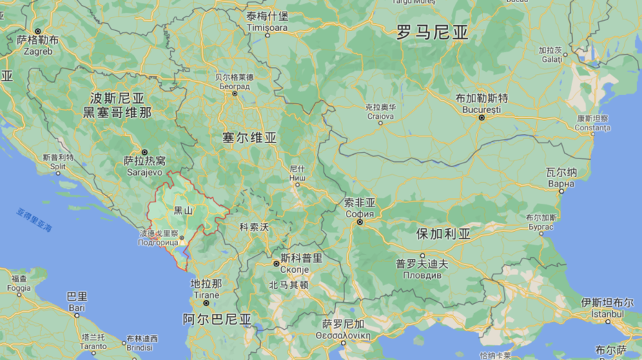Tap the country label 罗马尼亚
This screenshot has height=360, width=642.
pyautogui.click(x=432, y=32)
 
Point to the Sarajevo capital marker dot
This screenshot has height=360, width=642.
pyautogui.click(x=145, y=153)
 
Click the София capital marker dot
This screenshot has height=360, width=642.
pyautogui.click(x=359, y=220)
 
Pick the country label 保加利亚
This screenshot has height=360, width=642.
pyautogui.click(x=443, y=234)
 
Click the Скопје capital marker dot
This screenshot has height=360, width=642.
pyautogui.click(x=276, y=264)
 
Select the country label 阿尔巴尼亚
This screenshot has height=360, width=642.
pyautogui.click(x=217, y=319)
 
